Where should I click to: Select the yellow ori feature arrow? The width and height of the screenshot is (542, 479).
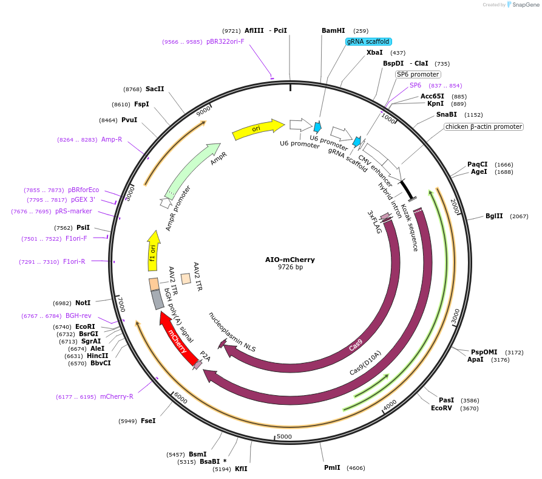pos(258,128)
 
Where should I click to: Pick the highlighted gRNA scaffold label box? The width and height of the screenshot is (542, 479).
pos(369,42)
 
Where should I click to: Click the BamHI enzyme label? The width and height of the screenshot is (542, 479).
pos(333,30)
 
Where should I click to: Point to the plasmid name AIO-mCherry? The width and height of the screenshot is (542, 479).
pos(290,260)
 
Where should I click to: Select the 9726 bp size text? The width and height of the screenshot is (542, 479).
pos(290,267)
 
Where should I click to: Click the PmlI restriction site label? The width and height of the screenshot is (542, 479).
pos(332,468)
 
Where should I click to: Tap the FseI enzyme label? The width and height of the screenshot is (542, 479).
pos(148,421)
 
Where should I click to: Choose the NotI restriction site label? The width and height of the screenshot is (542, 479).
pos(83,303)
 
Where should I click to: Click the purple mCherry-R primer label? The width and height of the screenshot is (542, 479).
pos(117,397)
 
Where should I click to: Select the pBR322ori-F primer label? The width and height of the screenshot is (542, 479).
pos(225,42)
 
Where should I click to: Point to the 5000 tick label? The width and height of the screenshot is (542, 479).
pos(284,436)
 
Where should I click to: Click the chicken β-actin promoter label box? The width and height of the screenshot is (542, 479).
pos(483,127)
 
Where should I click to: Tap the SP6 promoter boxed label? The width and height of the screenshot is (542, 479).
pos(417,74)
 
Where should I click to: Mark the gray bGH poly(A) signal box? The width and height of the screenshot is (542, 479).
pos(157,300)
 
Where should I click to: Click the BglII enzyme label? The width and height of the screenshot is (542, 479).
pos(494,216)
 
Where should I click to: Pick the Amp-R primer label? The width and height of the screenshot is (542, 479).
pos(112,140)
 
